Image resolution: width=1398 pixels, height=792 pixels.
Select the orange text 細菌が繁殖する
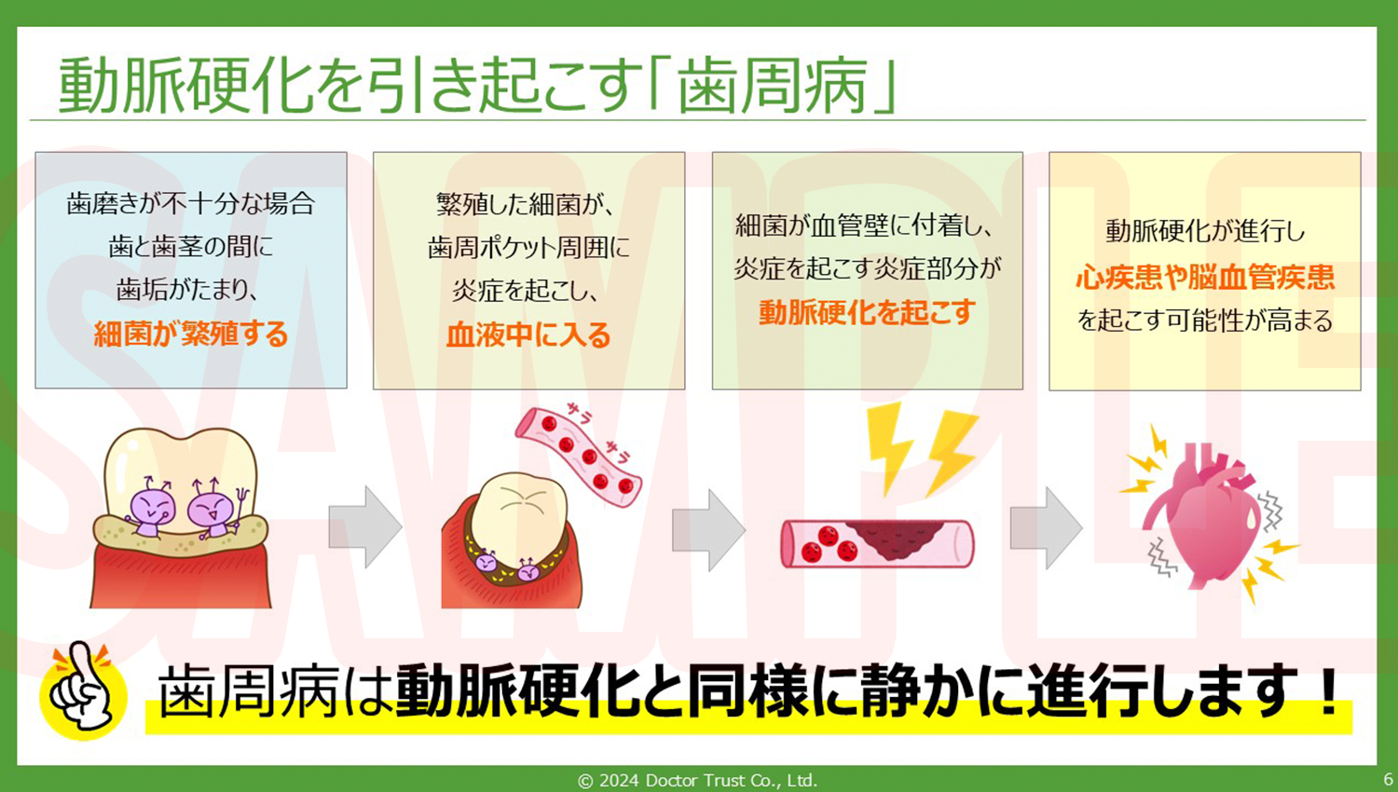pos(191,334)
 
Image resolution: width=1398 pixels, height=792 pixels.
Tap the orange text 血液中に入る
pos(528,335)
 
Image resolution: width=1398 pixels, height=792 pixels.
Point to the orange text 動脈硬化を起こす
pos(867,312)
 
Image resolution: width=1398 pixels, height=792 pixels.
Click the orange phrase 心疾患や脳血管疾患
pos(1204,277)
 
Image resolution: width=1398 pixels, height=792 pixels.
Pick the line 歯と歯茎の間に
pos(191,247)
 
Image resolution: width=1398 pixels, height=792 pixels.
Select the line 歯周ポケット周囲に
pos(528,248)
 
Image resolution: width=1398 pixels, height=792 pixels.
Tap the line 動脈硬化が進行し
pos(1204,231)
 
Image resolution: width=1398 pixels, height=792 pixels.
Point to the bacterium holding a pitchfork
pos(215,509)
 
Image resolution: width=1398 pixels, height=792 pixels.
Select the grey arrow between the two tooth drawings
pos(364,527)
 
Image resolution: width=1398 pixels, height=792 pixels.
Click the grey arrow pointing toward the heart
pos(1046,527)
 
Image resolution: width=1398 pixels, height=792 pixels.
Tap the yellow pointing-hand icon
pos(83,690)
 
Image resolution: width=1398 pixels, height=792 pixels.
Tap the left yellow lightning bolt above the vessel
pos(889,447)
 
